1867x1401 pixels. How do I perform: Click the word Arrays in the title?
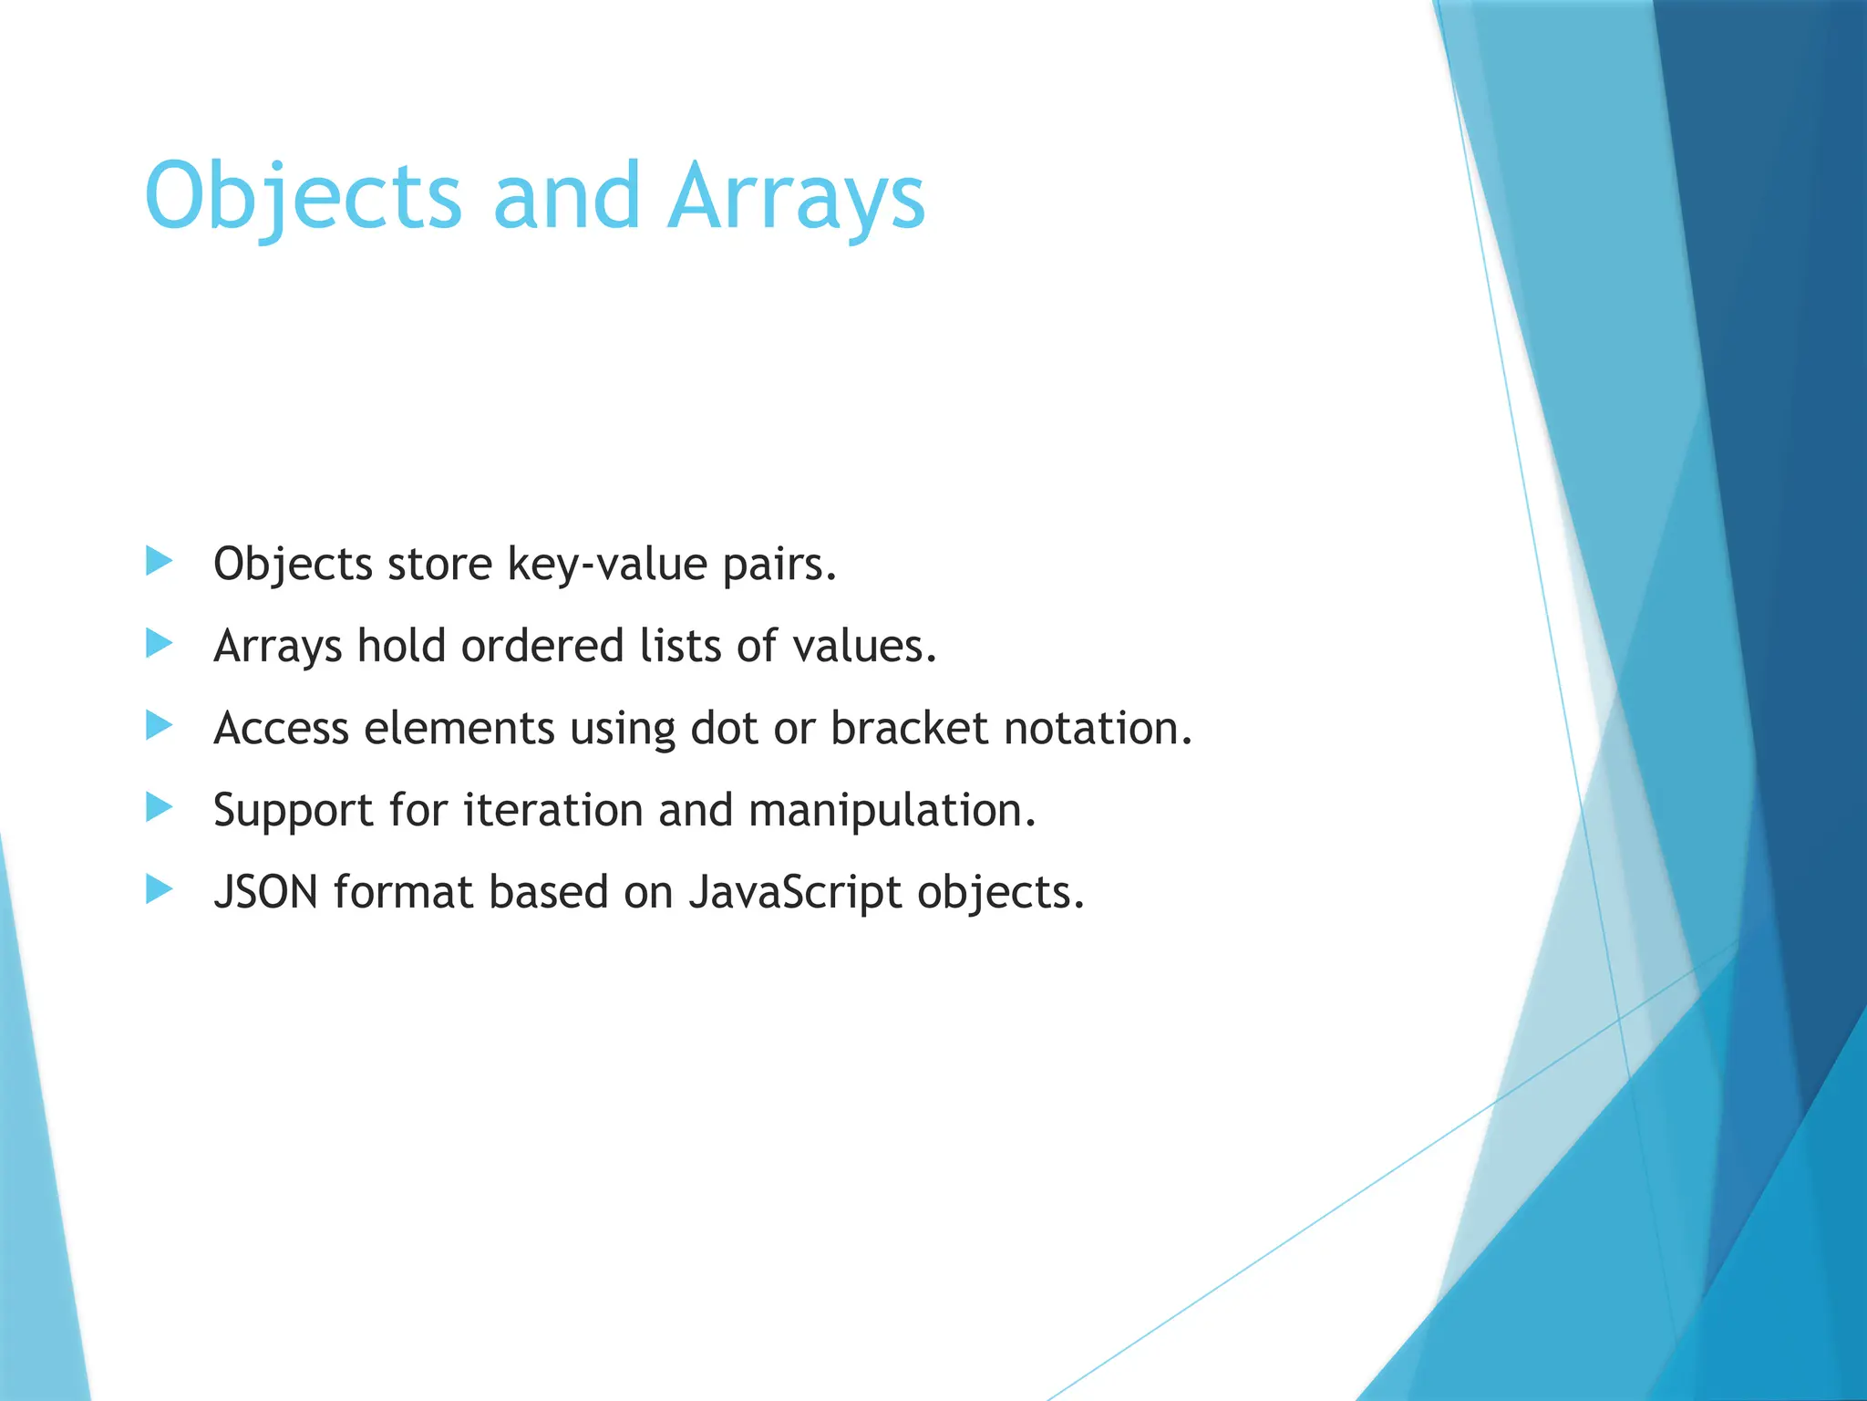[796, 196]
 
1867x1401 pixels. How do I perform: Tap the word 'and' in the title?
[566, 196]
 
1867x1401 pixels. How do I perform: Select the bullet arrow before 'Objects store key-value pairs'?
[159, 562]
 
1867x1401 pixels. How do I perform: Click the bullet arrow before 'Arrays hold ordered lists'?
[159, 644]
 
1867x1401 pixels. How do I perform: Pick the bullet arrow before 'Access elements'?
[159, 726]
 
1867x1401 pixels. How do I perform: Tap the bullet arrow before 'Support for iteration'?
[159, 807]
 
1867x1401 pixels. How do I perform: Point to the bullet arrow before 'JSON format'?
[159, 889]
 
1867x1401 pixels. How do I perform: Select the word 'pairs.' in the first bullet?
[779, 564]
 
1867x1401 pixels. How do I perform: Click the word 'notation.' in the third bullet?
[1098, 728]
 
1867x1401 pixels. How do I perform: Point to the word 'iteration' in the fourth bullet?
[552, 810]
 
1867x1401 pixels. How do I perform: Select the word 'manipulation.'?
[892, 810]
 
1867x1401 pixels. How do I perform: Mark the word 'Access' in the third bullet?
[281, 728]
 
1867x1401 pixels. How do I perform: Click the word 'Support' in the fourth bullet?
[293, 810]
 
